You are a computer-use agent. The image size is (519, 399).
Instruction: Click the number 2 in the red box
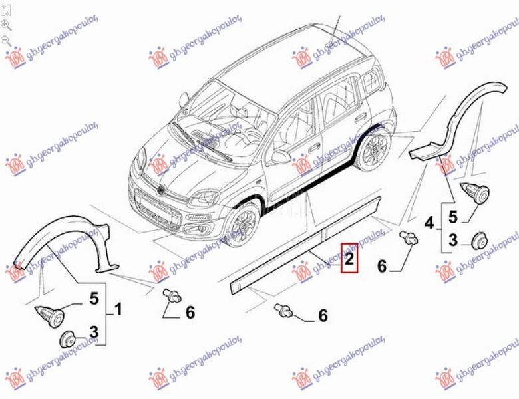[349, 259]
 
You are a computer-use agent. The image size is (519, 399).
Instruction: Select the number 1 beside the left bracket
[118, 308]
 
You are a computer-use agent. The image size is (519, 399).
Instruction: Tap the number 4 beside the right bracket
[430, 223]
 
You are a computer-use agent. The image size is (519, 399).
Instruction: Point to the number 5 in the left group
[94, 299]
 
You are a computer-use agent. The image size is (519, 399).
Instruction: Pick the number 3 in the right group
[452, 240]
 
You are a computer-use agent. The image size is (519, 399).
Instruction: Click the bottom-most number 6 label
[323, 316]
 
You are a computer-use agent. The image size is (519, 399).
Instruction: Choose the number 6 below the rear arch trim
[381, 266]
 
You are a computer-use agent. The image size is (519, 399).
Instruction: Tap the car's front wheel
[242, 223]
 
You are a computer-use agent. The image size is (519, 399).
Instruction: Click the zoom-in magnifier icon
[6, 25]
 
